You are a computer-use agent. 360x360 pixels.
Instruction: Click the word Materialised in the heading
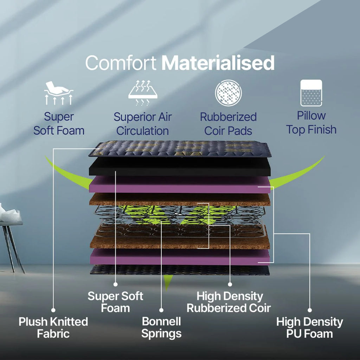click(x=218, y=63)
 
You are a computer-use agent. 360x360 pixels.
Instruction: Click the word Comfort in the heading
click(x=121, y=63)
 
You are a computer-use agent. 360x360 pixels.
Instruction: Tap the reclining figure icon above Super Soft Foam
click(x=59, y=93)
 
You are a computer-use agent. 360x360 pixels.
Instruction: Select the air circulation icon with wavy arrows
click(x=143, y=93)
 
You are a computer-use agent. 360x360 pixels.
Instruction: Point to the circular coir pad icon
click(x=228, y=93)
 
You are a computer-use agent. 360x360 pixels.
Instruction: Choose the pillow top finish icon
click(x=311, y=93)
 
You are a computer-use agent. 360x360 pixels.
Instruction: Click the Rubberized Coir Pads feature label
click(x=228, y=124)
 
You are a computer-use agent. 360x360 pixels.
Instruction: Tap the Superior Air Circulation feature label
click(x=143, y=124)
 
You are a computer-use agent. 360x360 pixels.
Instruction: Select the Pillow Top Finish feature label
click(x=311, y=123)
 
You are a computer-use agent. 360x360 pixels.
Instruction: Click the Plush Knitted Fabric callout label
click(x=53, y=328)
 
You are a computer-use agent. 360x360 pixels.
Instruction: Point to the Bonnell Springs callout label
click(x=161, y=328)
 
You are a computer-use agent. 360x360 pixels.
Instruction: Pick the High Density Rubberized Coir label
click(x=229, y=302)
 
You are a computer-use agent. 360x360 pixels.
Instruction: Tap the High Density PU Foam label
click(x=309, y=328)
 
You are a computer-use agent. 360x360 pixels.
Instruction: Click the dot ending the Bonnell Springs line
click(x=161, y=310)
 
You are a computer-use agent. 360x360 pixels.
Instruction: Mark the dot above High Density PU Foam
click(x=310, y=310)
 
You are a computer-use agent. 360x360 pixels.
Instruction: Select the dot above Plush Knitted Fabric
click(x=53, y=310)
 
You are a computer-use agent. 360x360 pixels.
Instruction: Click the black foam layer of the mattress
click(x=180, y=167)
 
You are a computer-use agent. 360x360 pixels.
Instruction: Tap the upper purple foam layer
click(x=180, y=185)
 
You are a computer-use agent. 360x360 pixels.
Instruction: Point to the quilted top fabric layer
click(x=180, y=149)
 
